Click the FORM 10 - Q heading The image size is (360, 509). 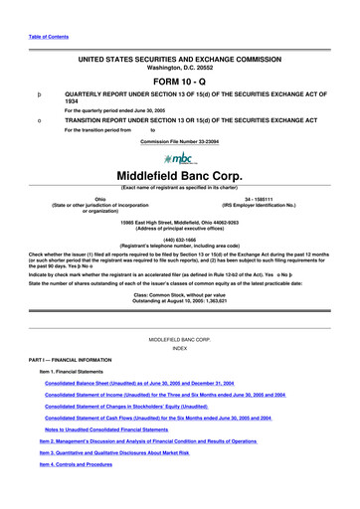[179, 82]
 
